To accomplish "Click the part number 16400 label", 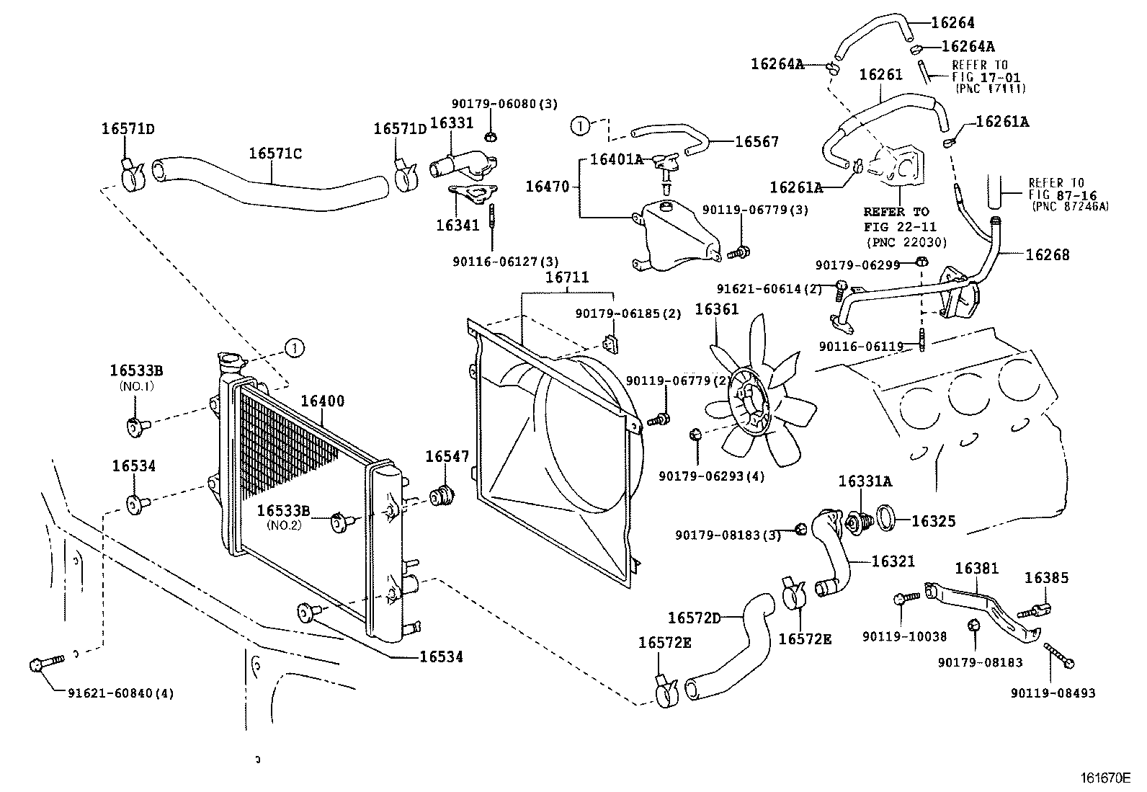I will click(322, 401).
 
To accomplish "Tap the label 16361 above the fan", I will click(716, 309).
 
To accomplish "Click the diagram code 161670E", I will click(1106, 778).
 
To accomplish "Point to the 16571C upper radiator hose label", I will click(275, 153).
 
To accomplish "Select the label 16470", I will click(548, 187).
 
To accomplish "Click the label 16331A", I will click(865, 481).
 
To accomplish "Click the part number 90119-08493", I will click(1053, 693).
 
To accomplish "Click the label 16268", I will click(1048, 254).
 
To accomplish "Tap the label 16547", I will click(447, 456).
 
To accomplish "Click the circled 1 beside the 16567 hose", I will click(579, 126).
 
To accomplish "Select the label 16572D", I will click(694, 618).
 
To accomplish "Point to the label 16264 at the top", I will click(952, 22).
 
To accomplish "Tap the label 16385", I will click(1046, 577).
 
